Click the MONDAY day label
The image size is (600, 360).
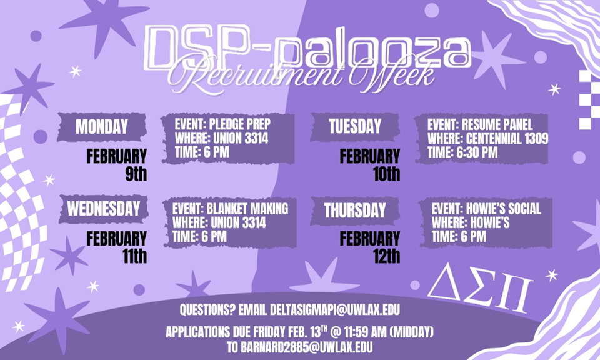102,127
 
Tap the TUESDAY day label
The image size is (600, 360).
355,127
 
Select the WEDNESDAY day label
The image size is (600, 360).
104,209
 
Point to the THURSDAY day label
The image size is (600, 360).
355,211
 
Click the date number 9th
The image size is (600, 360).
136,174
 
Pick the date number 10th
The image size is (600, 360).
387,174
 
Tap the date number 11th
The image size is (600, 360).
135,256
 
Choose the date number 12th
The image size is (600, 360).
387,256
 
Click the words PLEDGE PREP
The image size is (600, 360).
240,124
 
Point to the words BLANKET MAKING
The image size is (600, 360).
247,209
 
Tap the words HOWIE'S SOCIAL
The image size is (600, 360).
504,209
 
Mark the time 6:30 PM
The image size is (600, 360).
477,152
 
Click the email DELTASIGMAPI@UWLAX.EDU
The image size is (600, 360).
335,310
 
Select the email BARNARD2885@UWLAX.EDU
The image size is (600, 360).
306,347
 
